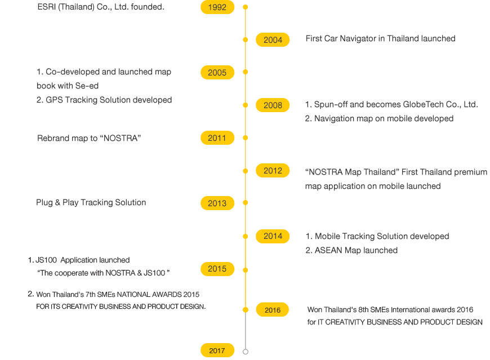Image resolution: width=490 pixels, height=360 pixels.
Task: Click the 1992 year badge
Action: [x=217, y=7]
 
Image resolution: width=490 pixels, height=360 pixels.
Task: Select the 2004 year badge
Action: [x=273, y=39]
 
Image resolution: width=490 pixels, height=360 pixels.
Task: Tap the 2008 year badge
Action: [x=273, y=105]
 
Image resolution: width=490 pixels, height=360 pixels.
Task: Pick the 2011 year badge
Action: [x=217, y=138]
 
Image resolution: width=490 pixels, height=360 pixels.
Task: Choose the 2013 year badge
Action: [x=217, y=203]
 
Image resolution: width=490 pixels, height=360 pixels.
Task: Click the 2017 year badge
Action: [x=217, y=350]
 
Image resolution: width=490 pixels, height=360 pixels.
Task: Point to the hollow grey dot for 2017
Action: [x=246, y=352]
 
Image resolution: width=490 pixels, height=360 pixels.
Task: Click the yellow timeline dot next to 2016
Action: [x=246, y=310]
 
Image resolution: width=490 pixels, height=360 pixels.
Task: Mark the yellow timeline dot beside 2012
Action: [x=246, y=171]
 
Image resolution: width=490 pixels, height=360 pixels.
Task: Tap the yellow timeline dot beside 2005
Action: [x=246, y=72]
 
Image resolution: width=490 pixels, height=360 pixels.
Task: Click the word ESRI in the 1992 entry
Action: [x=47, y=7]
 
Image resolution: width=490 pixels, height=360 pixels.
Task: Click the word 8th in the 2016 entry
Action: [x=363, y=310]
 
